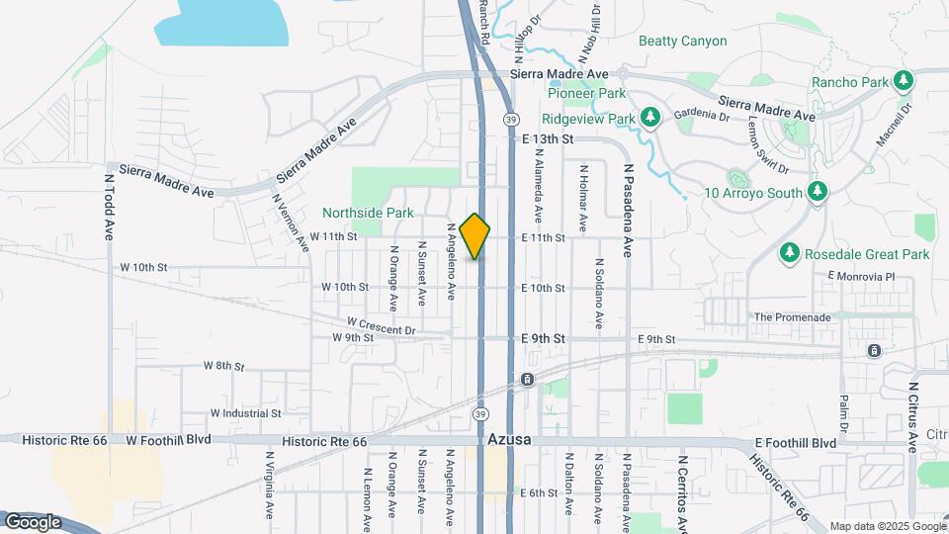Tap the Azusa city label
510,438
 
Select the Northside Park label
368,212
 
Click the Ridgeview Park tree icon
649,118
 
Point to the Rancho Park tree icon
902,81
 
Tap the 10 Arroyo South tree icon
816,192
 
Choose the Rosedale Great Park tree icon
789,254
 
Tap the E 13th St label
548,140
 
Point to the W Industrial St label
245,413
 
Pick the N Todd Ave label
110,208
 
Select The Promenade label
792,317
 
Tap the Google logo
33,521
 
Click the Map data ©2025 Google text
887,526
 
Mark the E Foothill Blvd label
795,443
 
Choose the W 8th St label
223,366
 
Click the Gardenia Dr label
701,115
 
